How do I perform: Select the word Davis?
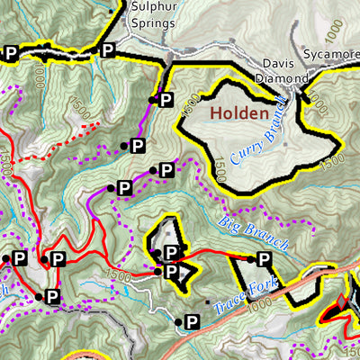281,63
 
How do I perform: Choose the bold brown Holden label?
238,114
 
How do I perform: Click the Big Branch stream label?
254,231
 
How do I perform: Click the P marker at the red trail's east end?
264,259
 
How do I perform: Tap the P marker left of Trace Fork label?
191,320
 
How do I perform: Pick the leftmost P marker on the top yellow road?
11,53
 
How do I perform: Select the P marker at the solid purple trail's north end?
166,102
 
